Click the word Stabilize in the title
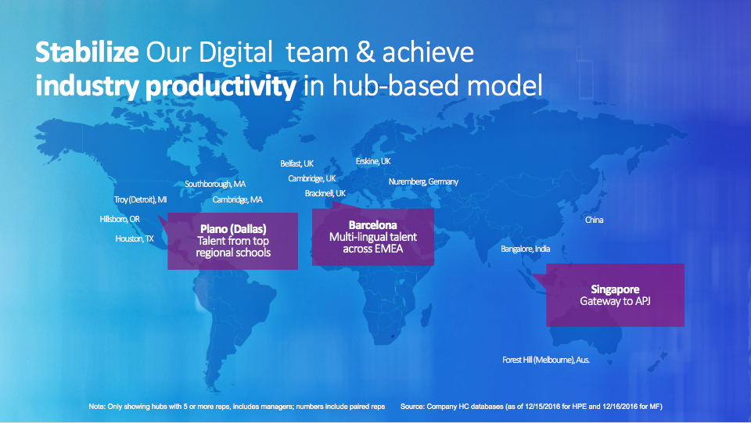tap(87, 52)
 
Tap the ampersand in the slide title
tap(365, 52)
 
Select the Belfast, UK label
tap(297, 163)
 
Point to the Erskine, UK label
tap(373, 161)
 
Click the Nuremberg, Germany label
tap(423, 182)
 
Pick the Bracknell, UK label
tap(325, 193)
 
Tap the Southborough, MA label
tap(215, 184)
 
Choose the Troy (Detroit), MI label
tap(140, 199)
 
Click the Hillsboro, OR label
tap(120, 219)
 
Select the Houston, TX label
tap(135, 238)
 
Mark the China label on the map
tap(595, 220)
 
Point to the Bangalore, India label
tap(526, 249)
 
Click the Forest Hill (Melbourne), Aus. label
tap(546, 360)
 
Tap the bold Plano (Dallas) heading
tap(233, 229)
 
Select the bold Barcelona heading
tap(372, 225)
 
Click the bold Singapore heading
tap(615, 289)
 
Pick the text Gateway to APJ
tap(615, 301)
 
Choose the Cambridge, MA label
tap(238, 199)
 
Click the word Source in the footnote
tap(412, 407)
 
